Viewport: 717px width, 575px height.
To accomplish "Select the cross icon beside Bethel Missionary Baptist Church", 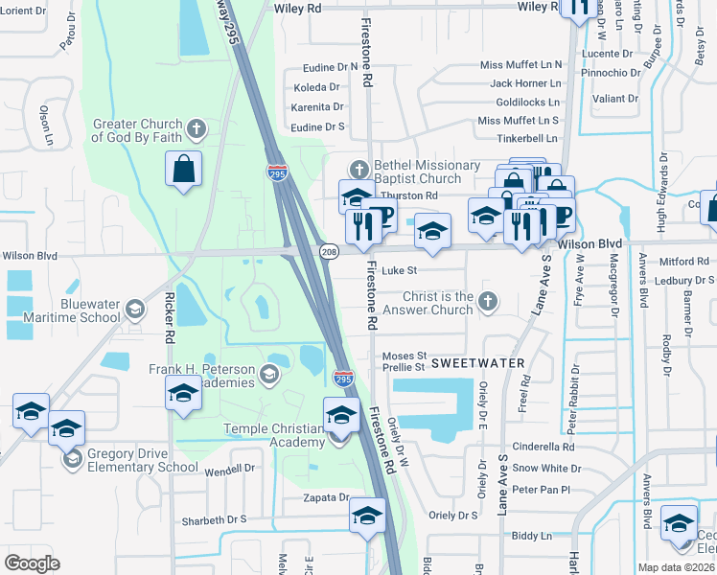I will pyautogui.click(x=359, y=170).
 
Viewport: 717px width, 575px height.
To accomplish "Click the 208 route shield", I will pyautogui.click(x=327, y=249).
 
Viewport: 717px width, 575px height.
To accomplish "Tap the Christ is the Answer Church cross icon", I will pyautogui.click(x=488, y=301).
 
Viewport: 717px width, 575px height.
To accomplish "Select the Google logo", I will pyautogui.click(x=32, y=563).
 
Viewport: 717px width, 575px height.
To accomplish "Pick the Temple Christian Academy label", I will pyautogui.click(x=274, y=435).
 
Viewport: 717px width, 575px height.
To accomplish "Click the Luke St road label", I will pyautogui.click(x=400, y=271).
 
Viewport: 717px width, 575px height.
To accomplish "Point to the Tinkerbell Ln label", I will pyautogui.click(x=527, y=138).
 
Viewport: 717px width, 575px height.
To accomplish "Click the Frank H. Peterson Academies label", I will pyautogui.click(x=201, y=376).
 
